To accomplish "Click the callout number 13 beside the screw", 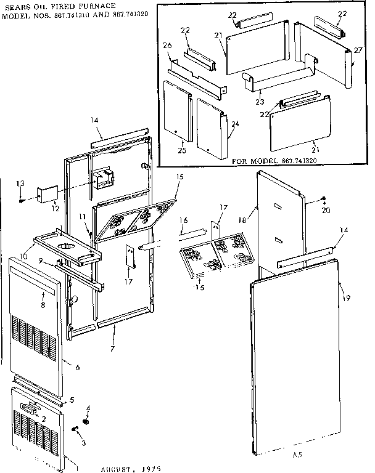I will [x=20, y=183].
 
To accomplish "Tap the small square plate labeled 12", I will [x=47, y=193].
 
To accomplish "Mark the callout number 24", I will [x=234, y=124].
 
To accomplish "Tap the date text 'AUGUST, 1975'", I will [x=131, y=468].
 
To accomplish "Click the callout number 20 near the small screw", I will [x=326, y=209].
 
